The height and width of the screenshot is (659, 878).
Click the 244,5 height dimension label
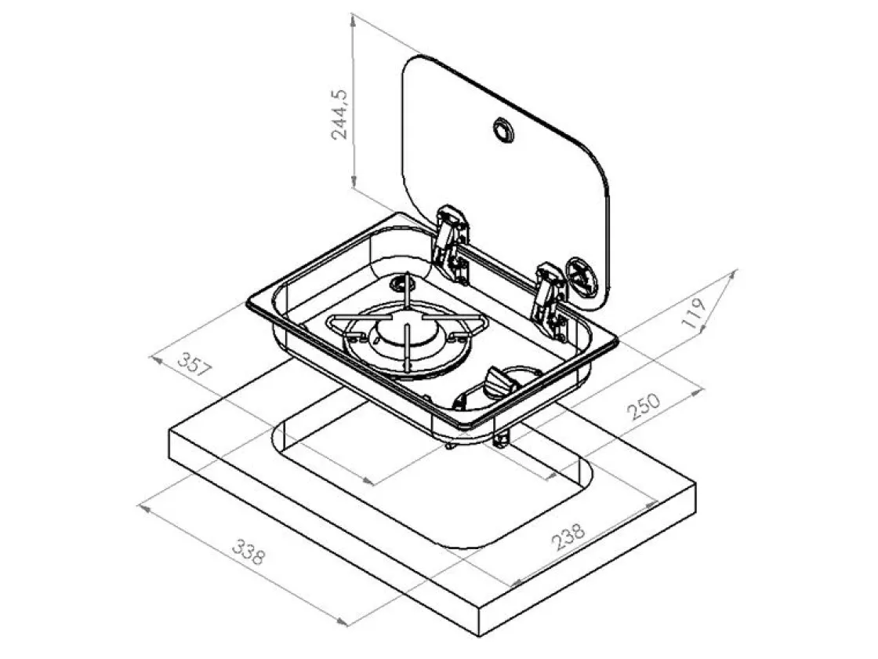pos(339,115)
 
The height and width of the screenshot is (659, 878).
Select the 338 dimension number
pos(247,552)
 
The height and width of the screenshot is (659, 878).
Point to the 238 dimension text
pos(568,537)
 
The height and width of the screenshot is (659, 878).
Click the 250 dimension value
pos(644,406)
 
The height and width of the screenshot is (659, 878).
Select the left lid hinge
pos(452,243)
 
